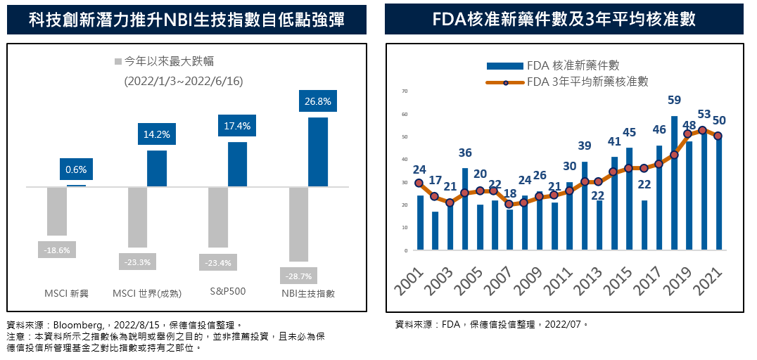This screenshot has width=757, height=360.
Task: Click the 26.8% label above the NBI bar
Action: [x=318, y=101]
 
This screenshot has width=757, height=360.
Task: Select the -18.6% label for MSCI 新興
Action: [x=56, y=250]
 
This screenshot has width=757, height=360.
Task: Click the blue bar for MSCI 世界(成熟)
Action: [x=157, y=169]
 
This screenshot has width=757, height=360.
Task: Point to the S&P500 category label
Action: [x=228, y=290]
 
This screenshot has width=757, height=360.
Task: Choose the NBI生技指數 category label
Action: [x=307, y=292]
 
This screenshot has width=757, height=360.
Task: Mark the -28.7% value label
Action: [x=298, y=276]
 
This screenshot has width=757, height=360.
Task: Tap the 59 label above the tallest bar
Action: [x=674, y=100]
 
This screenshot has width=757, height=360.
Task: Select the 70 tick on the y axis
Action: [x=405, y=91]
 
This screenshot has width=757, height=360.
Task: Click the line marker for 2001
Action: [x=419, y=183]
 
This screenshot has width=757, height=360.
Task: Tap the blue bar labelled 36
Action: [x=465, y=209]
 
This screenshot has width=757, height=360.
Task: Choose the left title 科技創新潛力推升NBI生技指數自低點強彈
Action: [x=186, y=19]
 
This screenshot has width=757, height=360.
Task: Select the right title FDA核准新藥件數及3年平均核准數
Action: [x=564, y=19]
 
